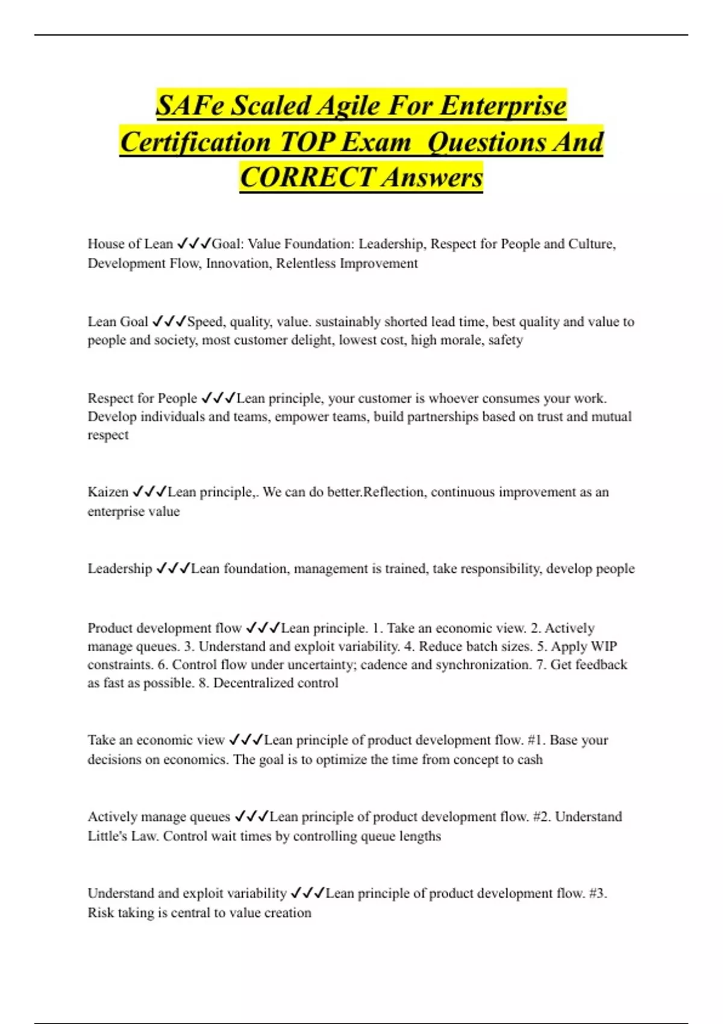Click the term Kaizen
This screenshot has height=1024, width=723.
click(x=108, y=492)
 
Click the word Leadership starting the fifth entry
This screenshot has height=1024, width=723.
click(x=120, y=569)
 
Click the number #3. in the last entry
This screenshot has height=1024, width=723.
click(x=598, y=893)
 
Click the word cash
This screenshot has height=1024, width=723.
click(x=530, y=759)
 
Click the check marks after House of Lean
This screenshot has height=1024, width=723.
click(x=193, y=244)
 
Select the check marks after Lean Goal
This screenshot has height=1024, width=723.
click(x=169, y=322)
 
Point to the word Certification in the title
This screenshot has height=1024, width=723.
click(x=195, y=142)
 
